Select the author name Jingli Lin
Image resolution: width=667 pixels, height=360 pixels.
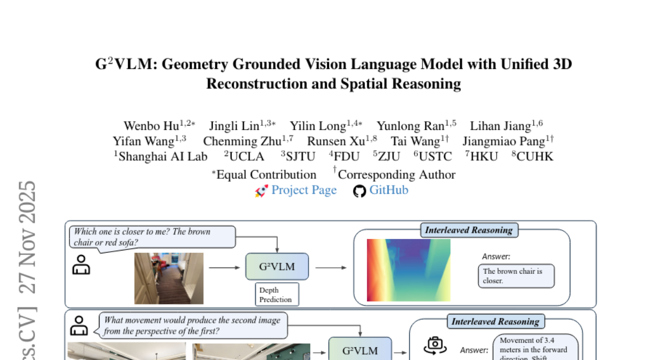pos(237,126)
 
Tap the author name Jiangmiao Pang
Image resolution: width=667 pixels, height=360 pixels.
pos(504,141)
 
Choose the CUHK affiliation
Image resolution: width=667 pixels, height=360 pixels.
pos(535,157)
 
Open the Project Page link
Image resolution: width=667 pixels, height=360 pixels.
pos(303,191)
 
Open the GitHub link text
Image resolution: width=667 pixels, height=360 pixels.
pos(389,191)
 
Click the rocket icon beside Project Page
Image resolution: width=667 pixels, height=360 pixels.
pos(261,191)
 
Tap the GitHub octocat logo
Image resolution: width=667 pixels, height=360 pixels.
pos(360,191)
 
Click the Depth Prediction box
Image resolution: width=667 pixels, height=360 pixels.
pos(277,294)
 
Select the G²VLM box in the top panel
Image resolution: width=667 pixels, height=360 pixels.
pos(277,267)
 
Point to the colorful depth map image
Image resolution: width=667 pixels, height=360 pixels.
pos(408,270)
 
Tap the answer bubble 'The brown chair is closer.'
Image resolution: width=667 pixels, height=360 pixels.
pos(516,276)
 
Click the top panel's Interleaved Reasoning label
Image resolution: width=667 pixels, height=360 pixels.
pos(469,230)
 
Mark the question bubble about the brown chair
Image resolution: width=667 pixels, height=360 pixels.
pos(152,237)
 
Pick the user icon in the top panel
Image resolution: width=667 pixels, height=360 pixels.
pos(82,264)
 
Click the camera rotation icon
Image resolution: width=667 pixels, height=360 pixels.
pos(435,345)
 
